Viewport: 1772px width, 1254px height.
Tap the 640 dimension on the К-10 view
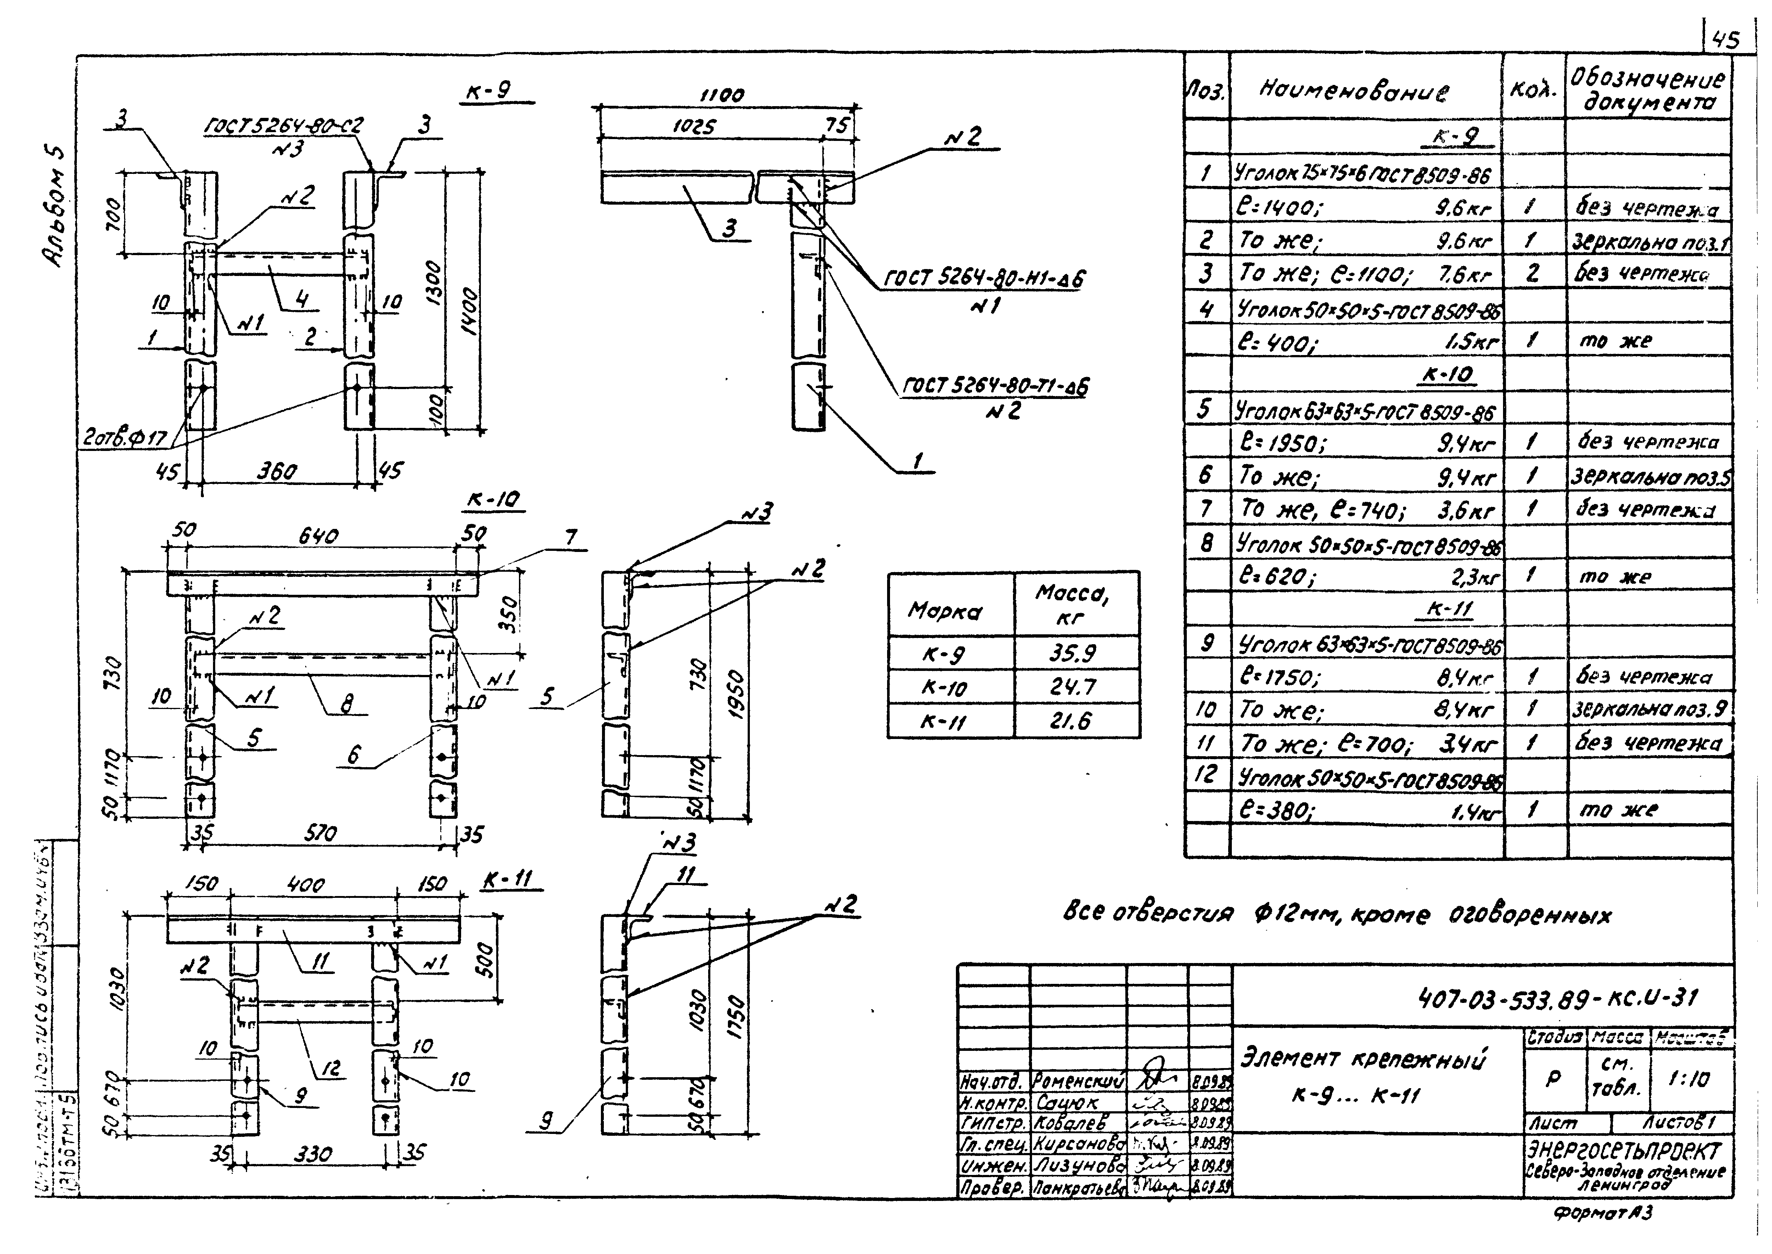[318, 536]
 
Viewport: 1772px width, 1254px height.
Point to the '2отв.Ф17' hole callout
[125, 438]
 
